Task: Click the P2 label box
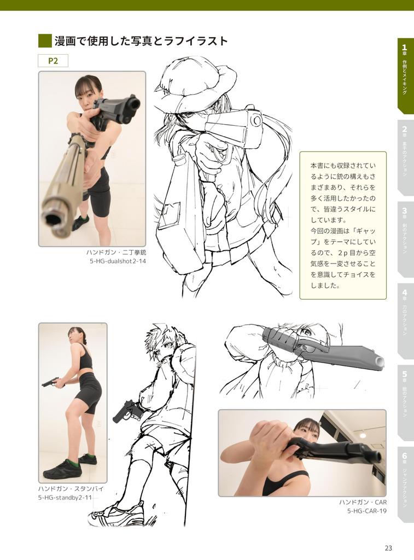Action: click(53, 61)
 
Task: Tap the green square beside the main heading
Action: click(44, 41)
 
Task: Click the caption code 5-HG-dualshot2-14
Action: click(118, 261)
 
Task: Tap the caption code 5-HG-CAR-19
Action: click(366, 511)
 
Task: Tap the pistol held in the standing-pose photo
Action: click(50, 382)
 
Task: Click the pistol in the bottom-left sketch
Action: click(127, 411)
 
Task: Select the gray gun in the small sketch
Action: click(328, 349)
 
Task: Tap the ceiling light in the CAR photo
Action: click(362, 435)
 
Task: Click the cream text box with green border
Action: click(342, 225)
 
